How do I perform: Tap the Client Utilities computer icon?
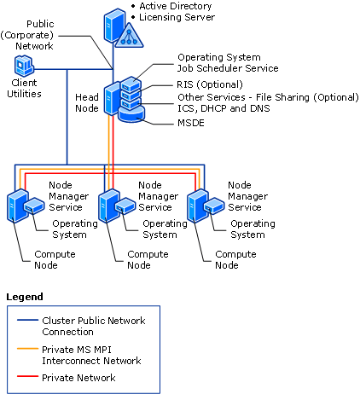coord(25,66)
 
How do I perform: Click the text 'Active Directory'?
coord(174,6)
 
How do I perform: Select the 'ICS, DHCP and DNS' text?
coord(205,108)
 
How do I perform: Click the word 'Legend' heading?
coord(25,297)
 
